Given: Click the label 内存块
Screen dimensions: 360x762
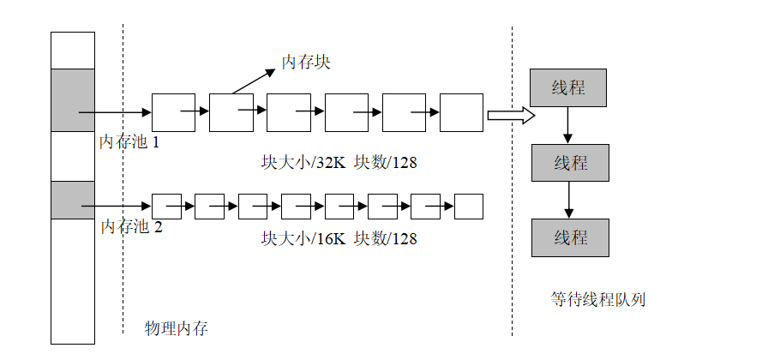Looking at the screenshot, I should tap(306, 63).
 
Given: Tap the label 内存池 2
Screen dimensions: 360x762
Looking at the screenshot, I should tap(131, 227).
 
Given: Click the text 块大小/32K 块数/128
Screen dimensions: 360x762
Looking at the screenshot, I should tap(339, 162).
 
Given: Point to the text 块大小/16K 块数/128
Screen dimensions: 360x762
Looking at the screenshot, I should tap(339, 239).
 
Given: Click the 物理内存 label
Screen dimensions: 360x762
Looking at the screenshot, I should tap(177, 328).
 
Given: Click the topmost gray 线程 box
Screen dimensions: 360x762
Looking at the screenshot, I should tap(569, 88).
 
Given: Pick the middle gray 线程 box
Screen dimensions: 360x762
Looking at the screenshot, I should tap(571, 163).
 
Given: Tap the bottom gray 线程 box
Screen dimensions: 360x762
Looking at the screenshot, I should tap(571, 237).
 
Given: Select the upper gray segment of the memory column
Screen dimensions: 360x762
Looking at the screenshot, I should tap(73, 100).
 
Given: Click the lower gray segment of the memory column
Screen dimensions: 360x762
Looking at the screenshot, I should tap(73, 200).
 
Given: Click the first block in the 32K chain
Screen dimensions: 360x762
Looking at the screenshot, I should tap(173, 112).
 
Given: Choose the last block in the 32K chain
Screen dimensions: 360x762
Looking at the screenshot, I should tap(461, 112).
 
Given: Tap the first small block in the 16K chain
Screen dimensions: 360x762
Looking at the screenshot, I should tap(165, 207).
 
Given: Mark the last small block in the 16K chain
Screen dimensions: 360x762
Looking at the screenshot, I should tap(468, 207).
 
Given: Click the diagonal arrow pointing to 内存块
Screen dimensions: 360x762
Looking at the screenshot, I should tap(254, 80).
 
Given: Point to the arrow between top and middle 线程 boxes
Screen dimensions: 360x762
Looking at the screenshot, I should tap(567, 126).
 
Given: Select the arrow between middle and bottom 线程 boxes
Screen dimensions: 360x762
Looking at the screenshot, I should tap(567, 200).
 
